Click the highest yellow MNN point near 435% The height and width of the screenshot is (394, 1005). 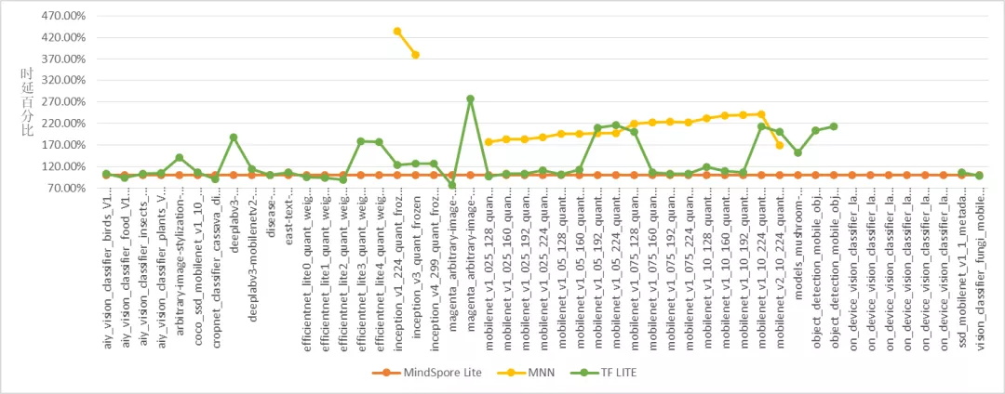click(x=397, y=31)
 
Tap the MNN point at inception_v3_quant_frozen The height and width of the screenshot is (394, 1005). click(x=415, y=55)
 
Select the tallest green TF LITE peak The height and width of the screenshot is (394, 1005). click(x=470, y=98)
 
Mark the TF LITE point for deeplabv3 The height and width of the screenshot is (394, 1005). click(x=234, y=138)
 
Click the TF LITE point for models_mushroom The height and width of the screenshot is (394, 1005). click(x=797, y=152)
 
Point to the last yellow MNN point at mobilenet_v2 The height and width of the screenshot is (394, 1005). click(x=779, y=145)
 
